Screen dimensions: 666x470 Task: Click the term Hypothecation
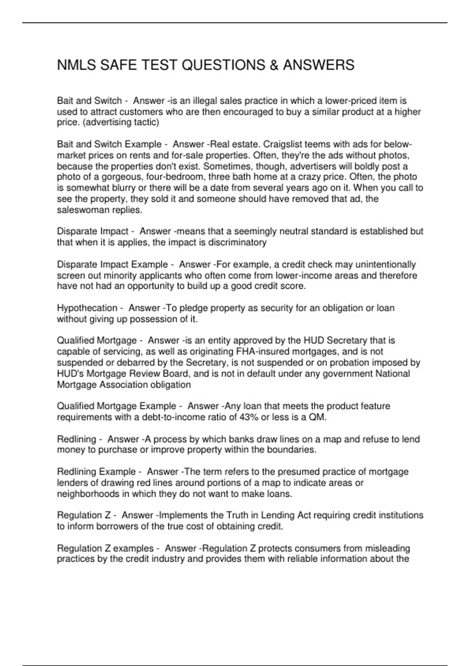point(87,308)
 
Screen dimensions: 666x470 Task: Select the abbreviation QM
point(317,417)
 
